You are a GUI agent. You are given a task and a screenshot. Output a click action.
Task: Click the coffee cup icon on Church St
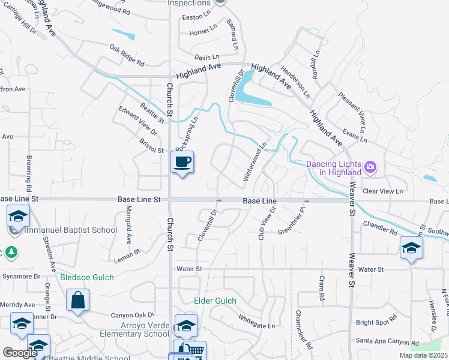click(x=183, y=161)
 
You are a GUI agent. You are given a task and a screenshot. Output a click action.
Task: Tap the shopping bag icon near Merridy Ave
click(x=78, y=300)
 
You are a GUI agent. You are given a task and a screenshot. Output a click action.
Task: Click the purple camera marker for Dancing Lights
click(x=371, y=166)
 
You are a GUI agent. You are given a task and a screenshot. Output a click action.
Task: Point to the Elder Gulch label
click(x=215, y=301)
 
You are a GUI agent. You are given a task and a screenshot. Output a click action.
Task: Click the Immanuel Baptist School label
click(x=62, y=229)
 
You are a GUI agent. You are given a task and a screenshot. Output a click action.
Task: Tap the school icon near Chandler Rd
click(x=412, y=247)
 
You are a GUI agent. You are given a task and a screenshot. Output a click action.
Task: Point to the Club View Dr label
click(x=267, y=224)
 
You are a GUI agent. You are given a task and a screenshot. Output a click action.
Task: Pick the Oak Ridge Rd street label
click(x=127, y=55)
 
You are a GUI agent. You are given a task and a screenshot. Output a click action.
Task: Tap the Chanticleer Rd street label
click(x=303, y=329)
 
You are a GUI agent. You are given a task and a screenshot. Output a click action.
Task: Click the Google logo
click(x=20, y=352)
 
